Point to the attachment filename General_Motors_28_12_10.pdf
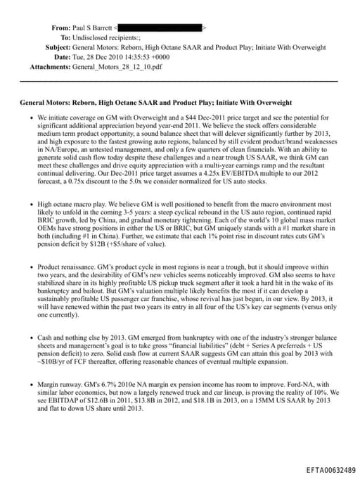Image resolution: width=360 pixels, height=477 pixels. coord(119,67)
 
